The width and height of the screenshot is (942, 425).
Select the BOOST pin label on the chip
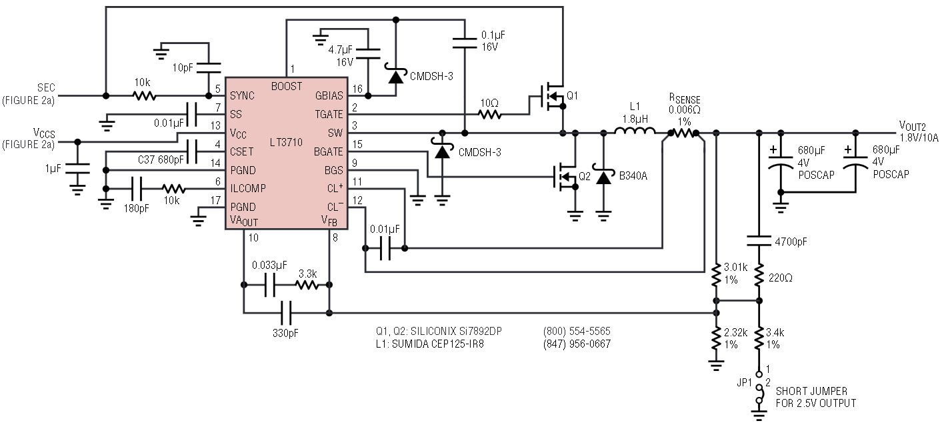coord(287,86)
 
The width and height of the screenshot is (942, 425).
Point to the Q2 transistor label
coord(585,177)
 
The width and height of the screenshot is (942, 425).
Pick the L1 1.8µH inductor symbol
coord(634,133)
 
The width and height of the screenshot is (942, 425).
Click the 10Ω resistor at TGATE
coord(489,115)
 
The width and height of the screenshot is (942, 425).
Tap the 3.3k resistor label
coord(307,273)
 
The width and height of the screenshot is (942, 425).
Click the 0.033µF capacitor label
coord(269,265)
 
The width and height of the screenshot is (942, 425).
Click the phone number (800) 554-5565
coord(577,331)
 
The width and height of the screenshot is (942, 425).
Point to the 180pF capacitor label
coord(136,208)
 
